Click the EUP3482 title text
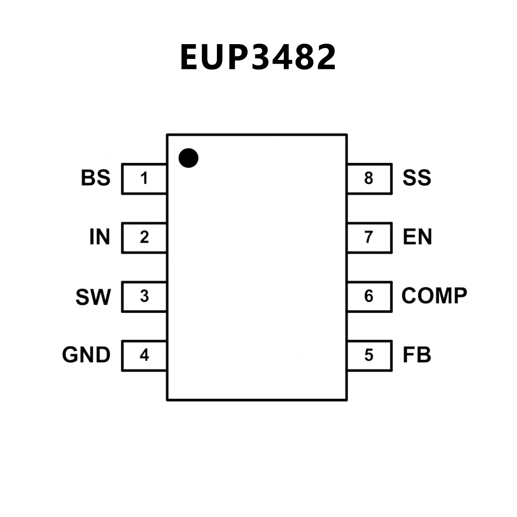click(x=258, y=57)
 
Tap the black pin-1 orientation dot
click(x=188, y=158)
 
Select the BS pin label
click(x=96, y=178)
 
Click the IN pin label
click(x=100, y=237)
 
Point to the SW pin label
click(x=93, y=297)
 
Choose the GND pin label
click(x=86, y=355)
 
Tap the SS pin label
click(x=417, y=178)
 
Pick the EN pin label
click(x=417, y=237)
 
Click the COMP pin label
click(x=434, y=296)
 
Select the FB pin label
click(x=417, y=355)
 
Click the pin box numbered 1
click(x=144, y=179)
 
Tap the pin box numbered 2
click(x=144, y=237)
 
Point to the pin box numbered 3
click(x=144, y=296)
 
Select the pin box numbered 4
click(x=144, y=355)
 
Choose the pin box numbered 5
click(x=369, y=355)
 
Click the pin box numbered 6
click(x=369, y=296)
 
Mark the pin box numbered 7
click(x=369, y=237)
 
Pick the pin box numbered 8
click(x=369, y=179)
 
